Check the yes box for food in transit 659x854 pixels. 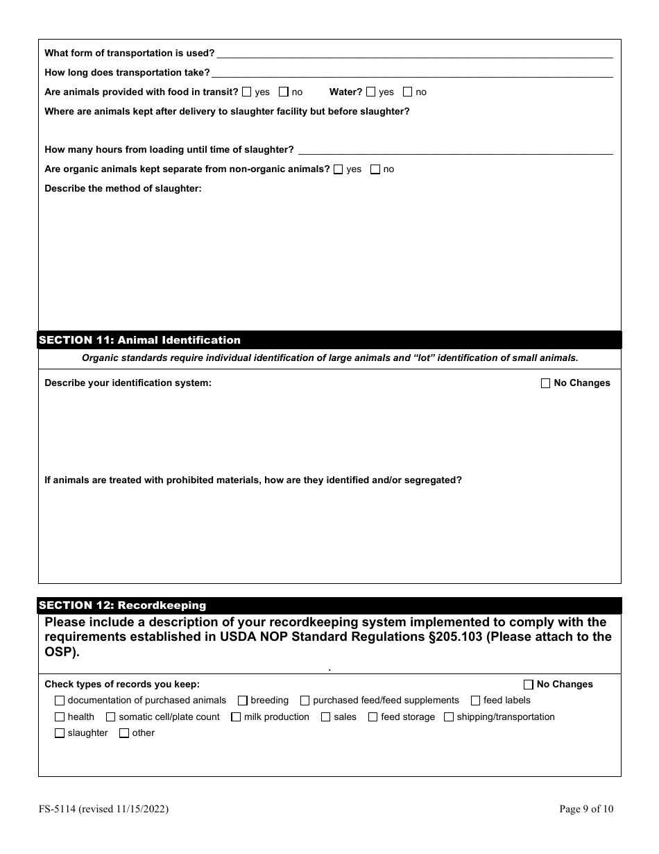[247, 92]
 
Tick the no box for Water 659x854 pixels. [408, 92]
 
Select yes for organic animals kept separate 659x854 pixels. [339, 169]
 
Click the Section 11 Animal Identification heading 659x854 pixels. [139, 340]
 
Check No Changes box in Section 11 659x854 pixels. [545, 383]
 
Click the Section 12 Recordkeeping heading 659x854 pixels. [122, 605]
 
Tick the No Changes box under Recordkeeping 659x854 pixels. [529, 685]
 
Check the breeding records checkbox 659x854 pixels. [243, 701]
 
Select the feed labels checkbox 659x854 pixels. [476, 701]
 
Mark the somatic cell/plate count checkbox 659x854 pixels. [111, 717]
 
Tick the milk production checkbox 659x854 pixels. [236, 717]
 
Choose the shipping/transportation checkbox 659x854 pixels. [449, 717]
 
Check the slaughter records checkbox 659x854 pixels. [60, 733]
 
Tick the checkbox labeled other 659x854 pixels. [124, 733]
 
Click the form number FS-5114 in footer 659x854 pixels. [61, 809]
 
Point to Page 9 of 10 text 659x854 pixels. [586, 809]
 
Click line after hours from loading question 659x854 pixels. [454, 151]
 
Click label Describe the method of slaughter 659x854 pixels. [123, 188]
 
